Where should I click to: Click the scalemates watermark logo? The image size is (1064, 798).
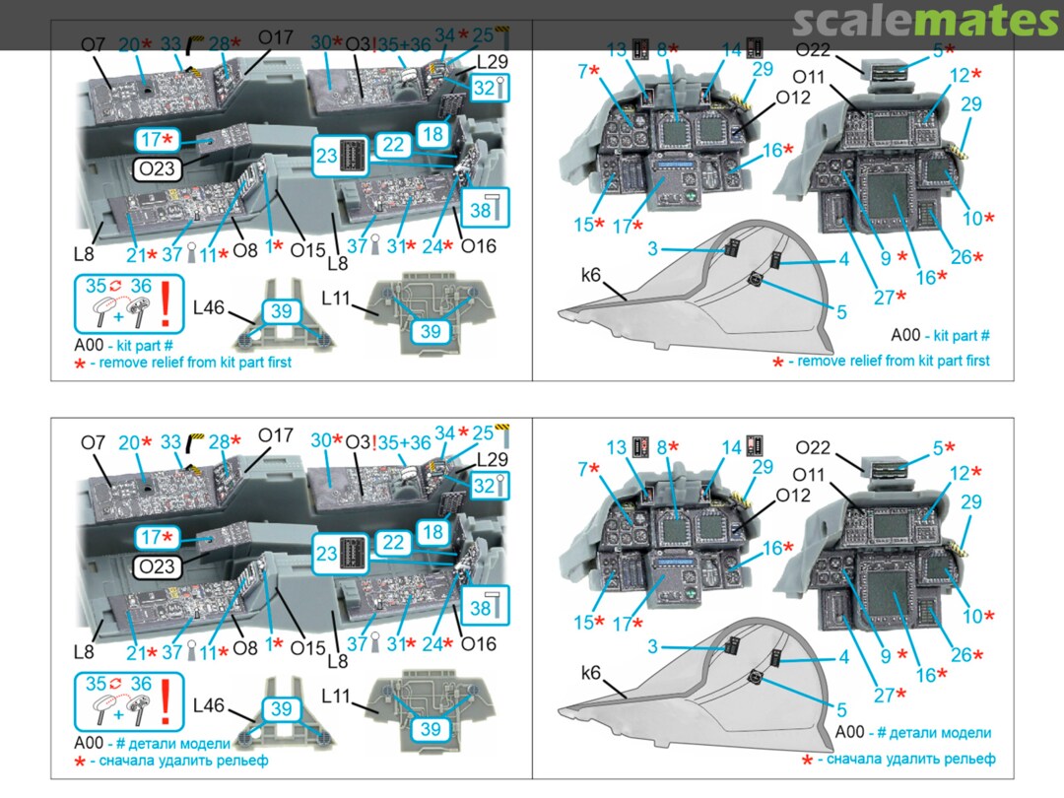pyautogui.click(x=925, y=23)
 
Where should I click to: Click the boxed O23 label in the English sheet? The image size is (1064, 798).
pyautogui.click(x=157, y=169)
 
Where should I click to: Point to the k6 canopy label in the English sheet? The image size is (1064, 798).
pyautogui.click(x=591, y=275)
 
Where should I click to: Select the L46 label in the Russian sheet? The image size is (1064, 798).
pyautogui.click(x=208, y=705)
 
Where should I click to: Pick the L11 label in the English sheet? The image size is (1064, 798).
pyautogui.click(x=336, y=298)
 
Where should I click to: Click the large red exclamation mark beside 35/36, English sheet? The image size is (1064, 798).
pyautogui.click(x=166, y=303)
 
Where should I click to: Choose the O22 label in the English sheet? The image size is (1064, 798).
pyautogui.click(x=812, y=49)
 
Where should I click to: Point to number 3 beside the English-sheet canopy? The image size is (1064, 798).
pyautogui.click(x=652, y=249)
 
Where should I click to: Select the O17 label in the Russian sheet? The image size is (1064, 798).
pyautogui.click(x=276, y=435)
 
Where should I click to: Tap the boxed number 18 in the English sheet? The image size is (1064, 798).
pyautogui.click(x=432, y=134)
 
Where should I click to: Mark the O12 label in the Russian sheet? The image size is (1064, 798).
pyautogui.click(x=792, y=496)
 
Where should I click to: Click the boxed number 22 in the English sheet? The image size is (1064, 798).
pyautogui.click(x=393, y=145)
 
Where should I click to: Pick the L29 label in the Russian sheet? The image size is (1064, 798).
pyautogui.click(x=492, y=459)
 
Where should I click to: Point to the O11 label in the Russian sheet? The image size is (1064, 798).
pyautogui.click(x=808, y=475)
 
